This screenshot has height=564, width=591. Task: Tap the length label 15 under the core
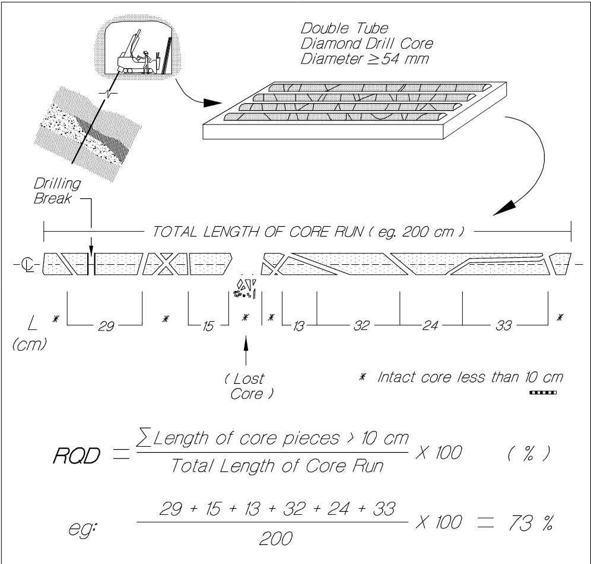(208, 325)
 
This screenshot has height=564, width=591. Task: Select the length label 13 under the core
(299, 325)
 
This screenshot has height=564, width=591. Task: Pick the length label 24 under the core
(430, 325)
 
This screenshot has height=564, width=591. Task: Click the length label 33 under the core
(504, 325)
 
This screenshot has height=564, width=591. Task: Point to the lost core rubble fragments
(244, 287)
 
